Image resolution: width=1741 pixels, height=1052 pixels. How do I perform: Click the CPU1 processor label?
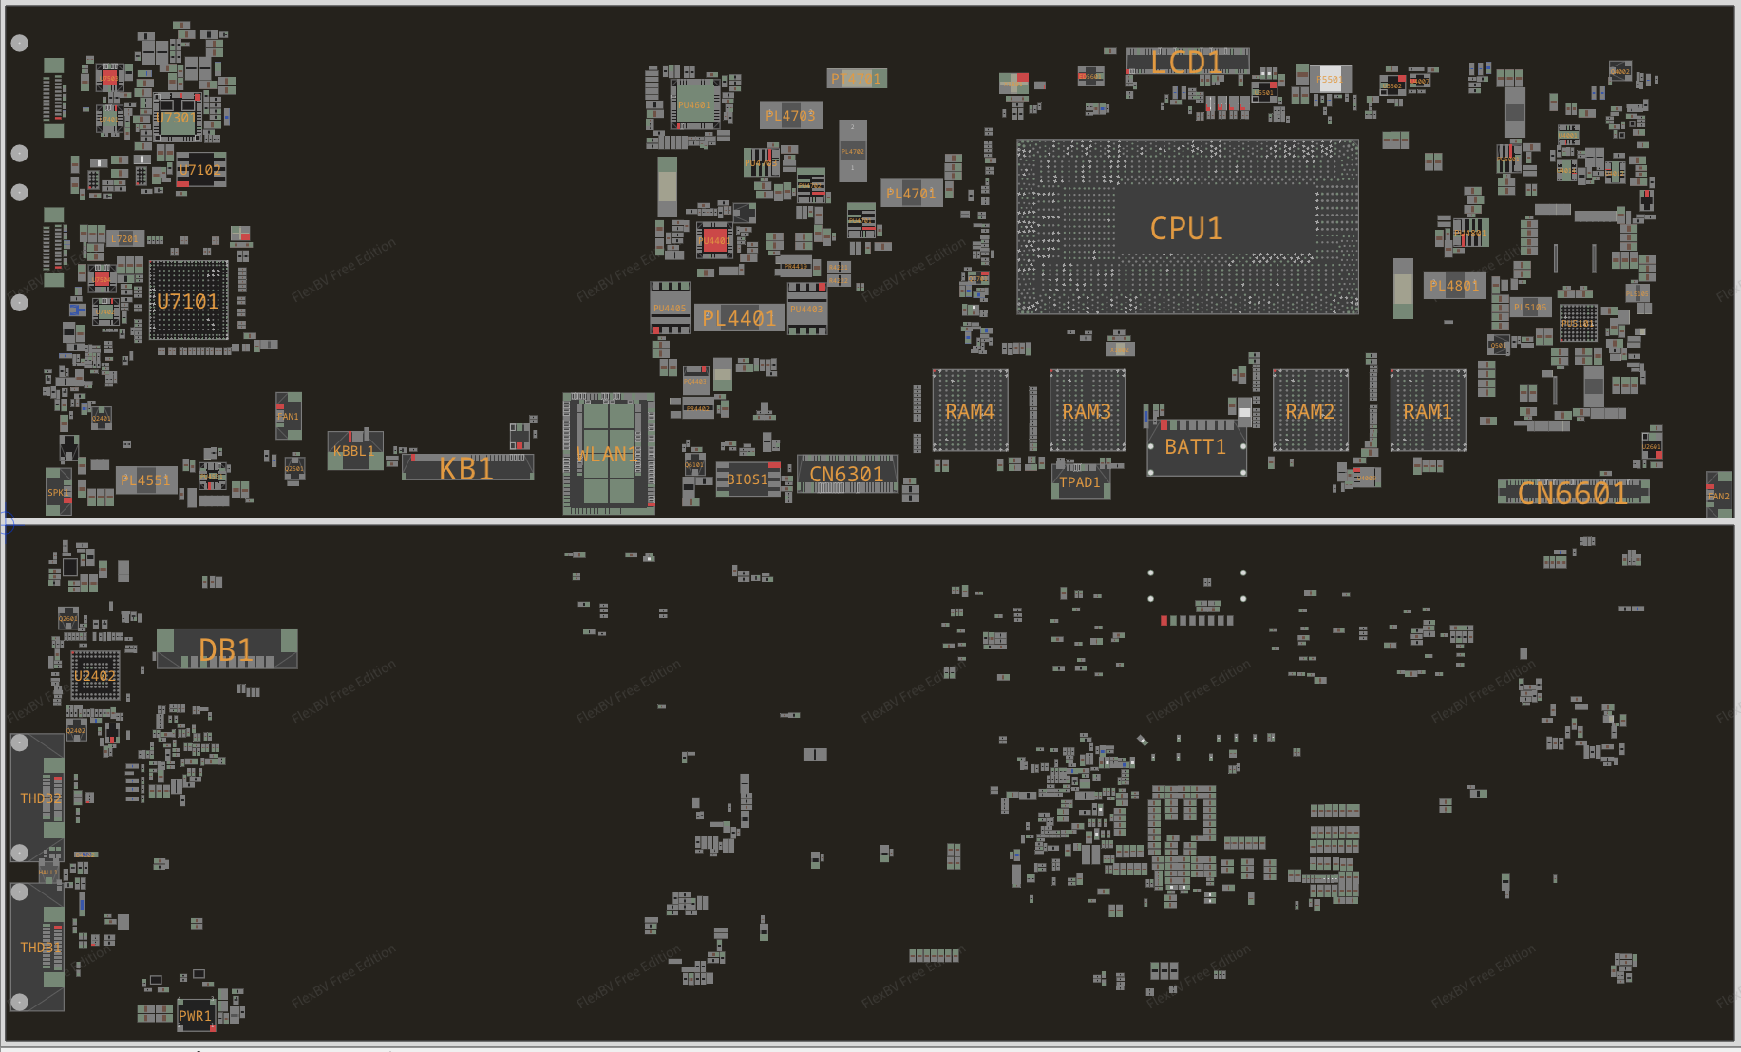coord(1186,229)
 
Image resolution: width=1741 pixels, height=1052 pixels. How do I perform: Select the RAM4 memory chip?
coord(970,411)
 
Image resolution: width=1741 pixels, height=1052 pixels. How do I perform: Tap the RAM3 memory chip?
coord(1087,411)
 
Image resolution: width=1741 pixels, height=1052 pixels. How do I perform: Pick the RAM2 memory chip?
coord(1310,411)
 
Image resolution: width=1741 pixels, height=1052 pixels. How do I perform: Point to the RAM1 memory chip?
coord(1428,411)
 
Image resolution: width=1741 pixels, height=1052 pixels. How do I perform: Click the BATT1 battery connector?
coord(1196,447)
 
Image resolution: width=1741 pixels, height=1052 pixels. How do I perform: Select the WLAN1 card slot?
coord(608,454)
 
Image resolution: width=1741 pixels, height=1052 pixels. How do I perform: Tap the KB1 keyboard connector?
coord(466,468)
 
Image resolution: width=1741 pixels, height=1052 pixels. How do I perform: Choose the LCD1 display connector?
coord(1186,62)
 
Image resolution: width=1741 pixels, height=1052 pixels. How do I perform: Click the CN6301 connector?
coord(846,474)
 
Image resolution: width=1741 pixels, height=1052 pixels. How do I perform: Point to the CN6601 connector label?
coord(1572,493)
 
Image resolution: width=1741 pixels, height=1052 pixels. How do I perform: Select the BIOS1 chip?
coord(747,479)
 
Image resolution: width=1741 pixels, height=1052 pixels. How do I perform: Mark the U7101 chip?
coord(188,302)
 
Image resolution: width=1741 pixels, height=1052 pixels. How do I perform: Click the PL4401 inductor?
coord(739,319)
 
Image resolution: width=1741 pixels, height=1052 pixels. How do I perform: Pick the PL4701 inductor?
coord(911,194)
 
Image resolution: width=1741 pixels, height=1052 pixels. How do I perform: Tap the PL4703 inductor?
coord(790,116)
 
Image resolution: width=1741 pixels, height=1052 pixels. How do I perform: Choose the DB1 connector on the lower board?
coord(226,649)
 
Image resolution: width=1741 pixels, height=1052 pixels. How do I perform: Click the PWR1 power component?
coord(195,1015)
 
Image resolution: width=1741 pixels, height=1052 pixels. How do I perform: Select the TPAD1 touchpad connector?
coord(1080,482)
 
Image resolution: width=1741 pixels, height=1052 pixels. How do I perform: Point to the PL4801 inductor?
coord(1454,285)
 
